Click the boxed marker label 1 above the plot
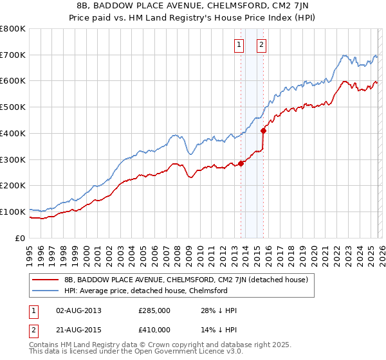[239, 45]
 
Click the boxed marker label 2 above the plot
[262, 45]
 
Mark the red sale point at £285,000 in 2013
[241, 163]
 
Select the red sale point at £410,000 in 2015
[264, 130]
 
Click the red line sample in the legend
[45, 280]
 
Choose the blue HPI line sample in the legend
[45, 291]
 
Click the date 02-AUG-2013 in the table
[78, 310]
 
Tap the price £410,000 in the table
[154, 329]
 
